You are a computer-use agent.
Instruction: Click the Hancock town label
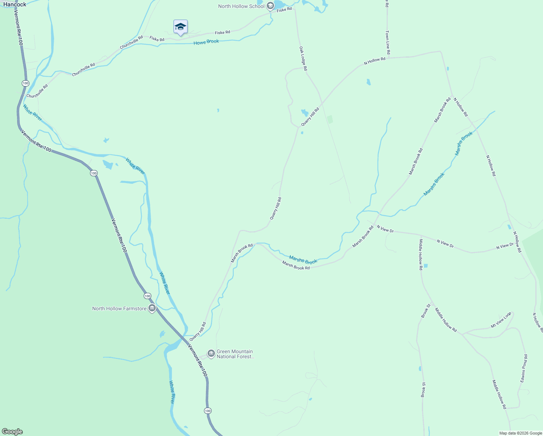click(15, 4)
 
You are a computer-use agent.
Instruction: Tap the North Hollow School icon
click(270, 6)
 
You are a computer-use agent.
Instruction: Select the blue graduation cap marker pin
click(180, 27)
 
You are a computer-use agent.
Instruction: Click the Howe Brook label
click(206, 42)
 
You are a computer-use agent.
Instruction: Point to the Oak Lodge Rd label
click(303, 58)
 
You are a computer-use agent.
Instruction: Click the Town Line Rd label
click(388, 43)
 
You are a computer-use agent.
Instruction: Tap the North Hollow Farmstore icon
click(152, 308)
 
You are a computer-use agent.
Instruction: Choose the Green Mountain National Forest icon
click(211, 354)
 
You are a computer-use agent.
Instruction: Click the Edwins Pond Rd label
click(524, 368)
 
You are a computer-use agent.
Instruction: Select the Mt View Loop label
click(501, 320)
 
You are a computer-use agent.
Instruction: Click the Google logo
click(12, 432)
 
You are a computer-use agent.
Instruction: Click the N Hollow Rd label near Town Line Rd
click(375, 61)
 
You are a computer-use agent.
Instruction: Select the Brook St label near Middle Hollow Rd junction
click(425, 311)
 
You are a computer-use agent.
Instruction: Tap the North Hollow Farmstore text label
click(119, 308)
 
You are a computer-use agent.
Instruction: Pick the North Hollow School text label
click(241, 6)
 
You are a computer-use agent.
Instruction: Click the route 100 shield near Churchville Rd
click(25, 83)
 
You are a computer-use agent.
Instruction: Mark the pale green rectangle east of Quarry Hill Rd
click(330, 119)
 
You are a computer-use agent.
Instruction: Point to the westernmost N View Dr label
click(385, 229)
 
